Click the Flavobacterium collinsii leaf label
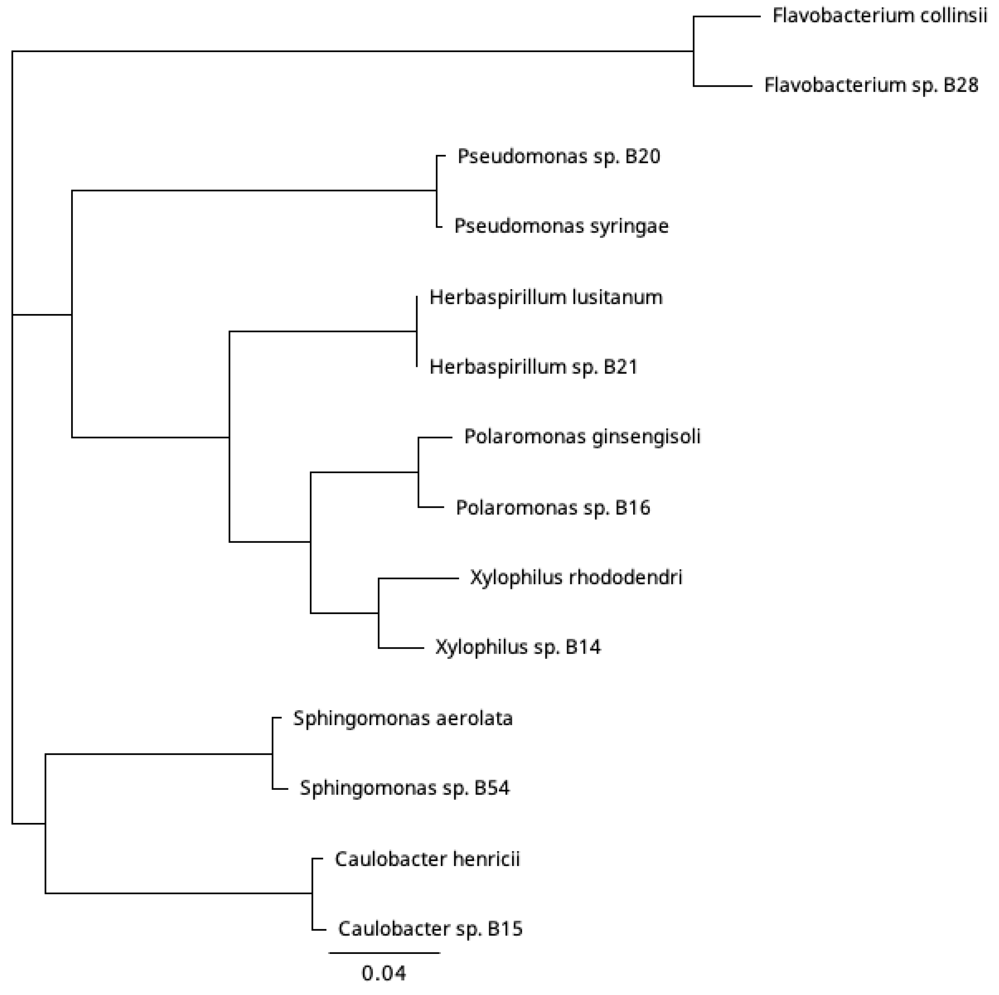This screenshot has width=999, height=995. [879, 16]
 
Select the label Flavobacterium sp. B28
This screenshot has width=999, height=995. [871, 85]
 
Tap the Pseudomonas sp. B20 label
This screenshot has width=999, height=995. [559, 156]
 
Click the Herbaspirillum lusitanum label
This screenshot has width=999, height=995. [546, 297]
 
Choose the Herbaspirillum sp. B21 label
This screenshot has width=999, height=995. [534, 367]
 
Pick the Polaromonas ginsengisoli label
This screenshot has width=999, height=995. [582, 437]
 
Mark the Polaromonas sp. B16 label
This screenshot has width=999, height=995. [553, 507]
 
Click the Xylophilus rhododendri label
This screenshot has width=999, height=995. [576, 577]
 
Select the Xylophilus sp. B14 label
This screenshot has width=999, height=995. [518, 647]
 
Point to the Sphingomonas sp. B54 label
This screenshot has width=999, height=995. [405, 788]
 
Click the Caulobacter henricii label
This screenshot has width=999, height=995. [427, 859]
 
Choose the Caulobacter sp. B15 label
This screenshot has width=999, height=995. [430, 929]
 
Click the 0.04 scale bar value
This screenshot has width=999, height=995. [384, 974]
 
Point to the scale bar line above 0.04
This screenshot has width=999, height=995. [384, 953]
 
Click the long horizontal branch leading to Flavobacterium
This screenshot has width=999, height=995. [352, 51]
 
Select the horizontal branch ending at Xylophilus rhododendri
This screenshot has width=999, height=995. [418, 579]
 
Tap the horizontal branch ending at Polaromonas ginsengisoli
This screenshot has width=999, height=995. [435, 438]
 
